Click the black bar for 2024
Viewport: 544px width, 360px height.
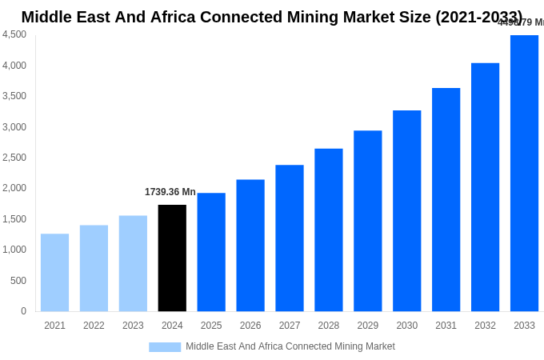pos(172,258)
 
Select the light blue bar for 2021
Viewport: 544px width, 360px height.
pos(54,272)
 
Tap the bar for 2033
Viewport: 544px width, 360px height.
pos(524,173)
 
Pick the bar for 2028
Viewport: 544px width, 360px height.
pos(329,230)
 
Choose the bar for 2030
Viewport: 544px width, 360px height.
pos(406,210)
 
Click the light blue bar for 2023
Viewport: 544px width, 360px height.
pos(133,263)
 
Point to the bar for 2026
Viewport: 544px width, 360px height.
pos(250,245)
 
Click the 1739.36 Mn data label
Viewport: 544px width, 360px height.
pos(170,192)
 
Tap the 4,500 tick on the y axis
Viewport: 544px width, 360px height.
pos(14,34)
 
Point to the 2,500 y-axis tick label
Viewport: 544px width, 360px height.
pos(14,158)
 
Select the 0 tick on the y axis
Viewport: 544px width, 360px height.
pos(23,311)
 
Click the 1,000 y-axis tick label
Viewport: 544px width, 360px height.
pos(14,250)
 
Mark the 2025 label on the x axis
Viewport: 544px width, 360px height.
pos(211,326)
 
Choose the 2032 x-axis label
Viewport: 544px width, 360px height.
pos(485,326)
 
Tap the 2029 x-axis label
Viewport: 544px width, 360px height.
pos(368,326)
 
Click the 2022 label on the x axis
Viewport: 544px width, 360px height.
pos(94,326)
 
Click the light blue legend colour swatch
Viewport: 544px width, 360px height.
pos(165,347)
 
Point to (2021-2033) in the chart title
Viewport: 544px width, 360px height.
pos(478,17)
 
